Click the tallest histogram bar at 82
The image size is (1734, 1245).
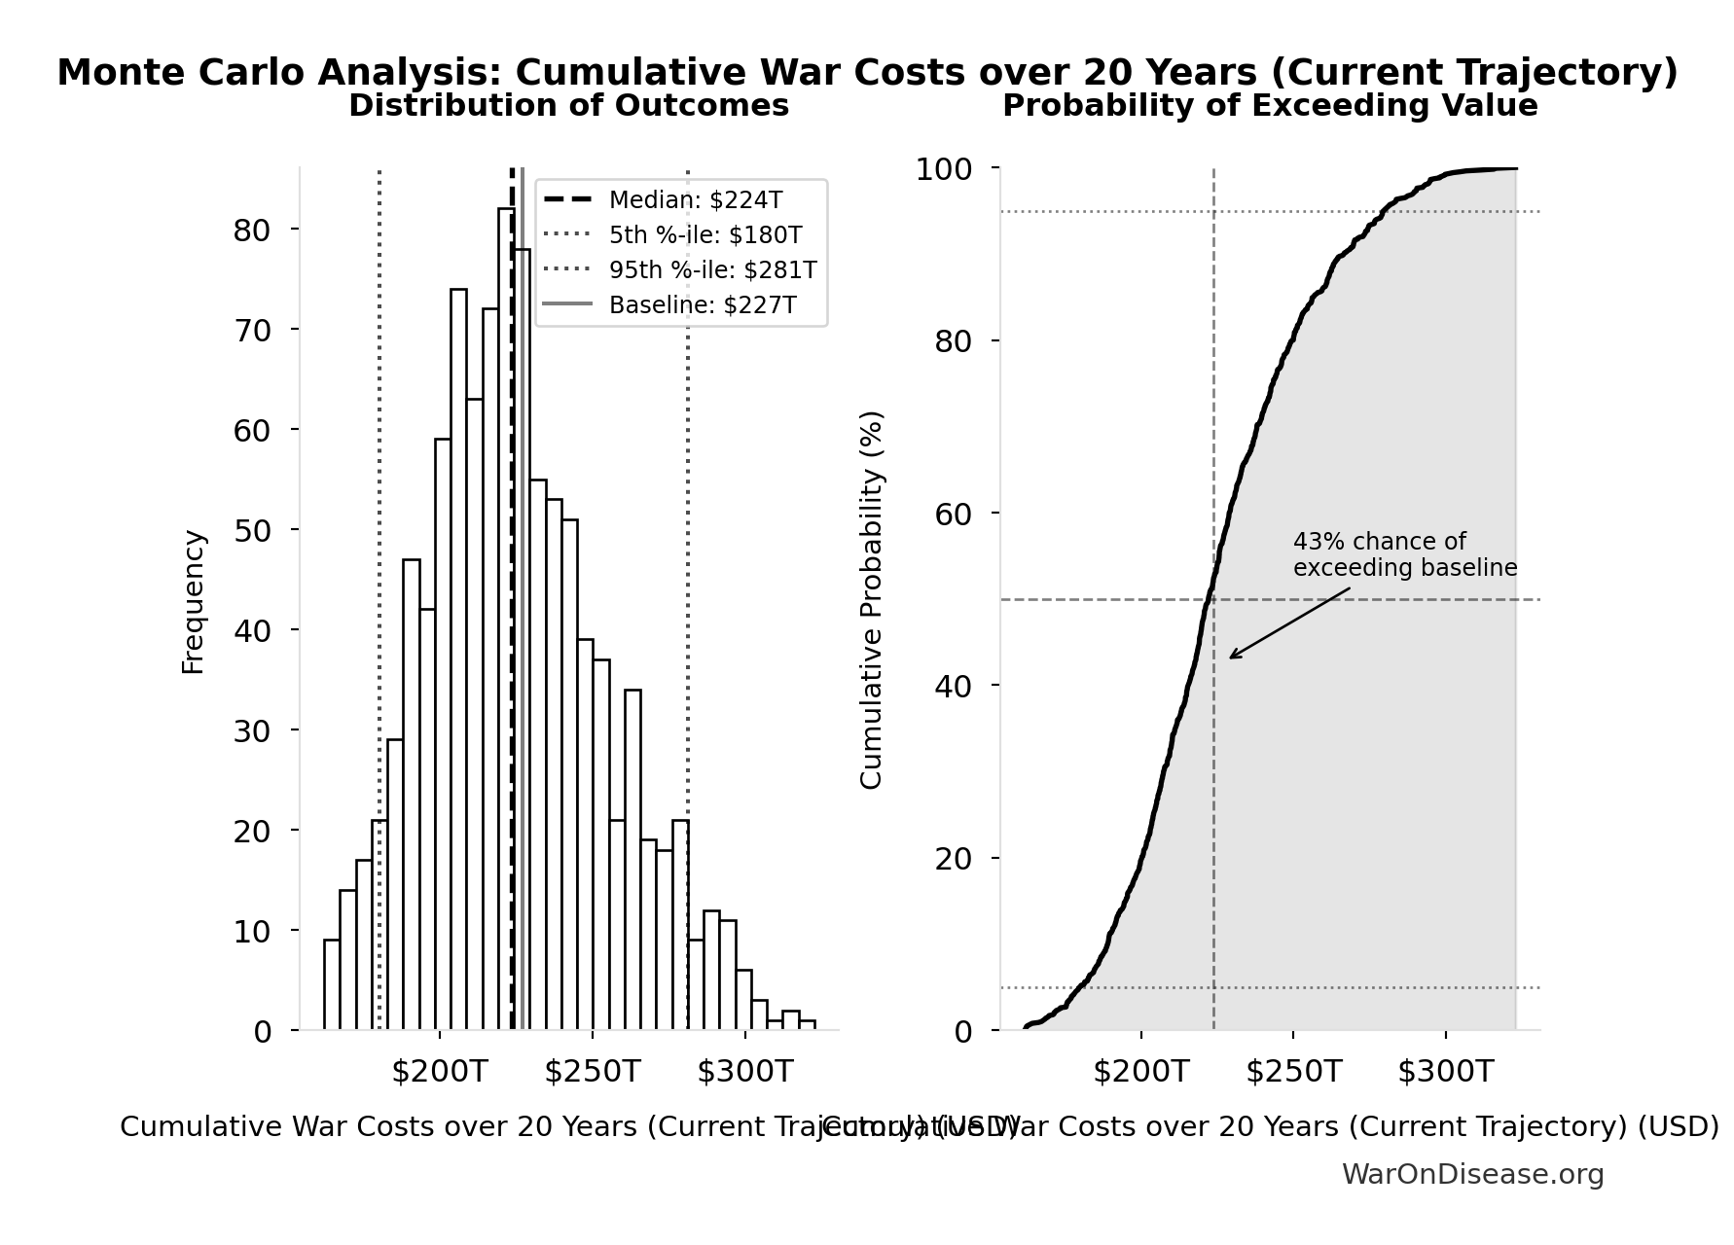coord(505,622)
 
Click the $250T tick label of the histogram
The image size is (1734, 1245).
coord(592,1072)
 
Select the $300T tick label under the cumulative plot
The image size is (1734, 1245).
coord(1445,1072)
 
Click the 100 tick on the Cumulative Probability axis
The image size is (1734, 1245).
coord(943,169)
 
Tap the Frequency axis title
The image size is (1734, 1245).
coord(194,602)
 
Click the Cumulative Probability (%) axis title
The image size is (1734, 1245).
coord(871,600)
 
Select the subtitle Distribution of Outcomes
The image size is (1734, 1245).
coord(568,106)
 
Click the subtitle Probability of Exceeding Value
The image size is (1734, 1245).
coord(1270,106)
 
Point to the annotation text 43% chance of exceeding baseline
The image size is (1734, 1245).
coord(1404,555)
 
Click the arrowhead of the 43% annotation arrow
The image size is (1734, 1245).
coord(1232,658)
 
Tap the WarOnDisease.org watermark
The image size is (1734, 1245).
coord(1472,1175)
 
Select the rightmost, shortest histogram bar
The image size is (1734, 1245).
coord(807,1025)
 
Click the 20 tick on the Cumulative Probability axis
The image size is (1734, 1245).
coord(954,859)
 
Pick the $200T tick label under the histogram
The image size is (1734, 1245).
coord(439,1072)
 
